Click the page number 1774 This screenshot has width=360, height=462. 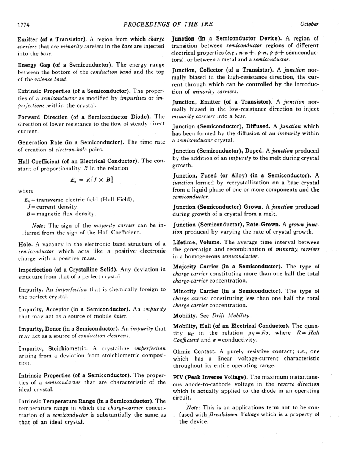[x=23, y=25]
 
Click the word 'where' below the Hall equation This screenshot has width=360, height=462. [x=25, y=191]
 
